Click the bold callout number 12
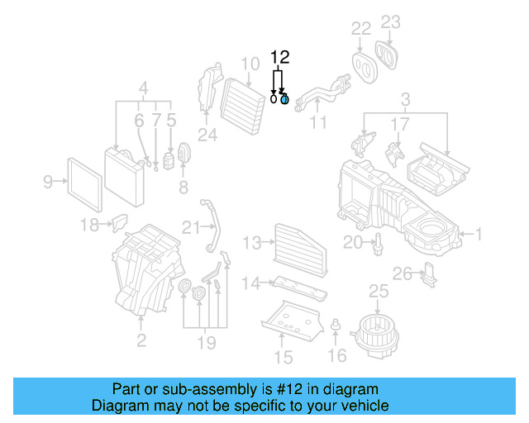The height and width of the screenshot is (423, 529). point(280,57)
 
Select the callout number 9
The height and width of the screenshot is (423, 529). point(48,179)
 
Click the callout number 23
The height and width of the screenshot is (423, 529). point(390,22)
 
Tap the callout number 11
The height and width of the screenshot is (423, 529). point(317,123)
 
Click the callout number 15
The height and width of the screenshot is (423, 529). point(283,357)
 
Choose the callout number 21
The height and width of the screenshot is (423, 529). point(191,227)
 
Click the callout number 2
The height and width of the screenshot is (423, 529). point(141,340)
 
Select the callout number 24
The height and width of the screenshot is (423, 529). point(207,133)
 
